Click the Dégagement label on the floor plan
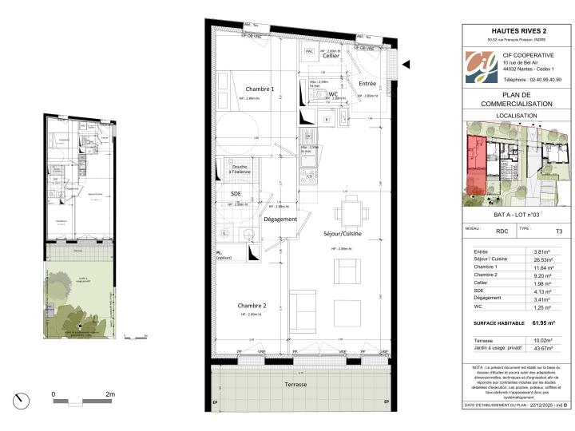tap(280, 219)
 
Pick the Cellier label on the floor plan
tap(332, 57)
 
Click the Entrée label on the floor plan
tap(367, 83)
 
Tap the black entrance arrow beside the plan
tap(406, 65)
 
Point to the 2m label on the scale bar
tap(110, 394)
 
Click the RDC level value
tap(502, 231)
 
